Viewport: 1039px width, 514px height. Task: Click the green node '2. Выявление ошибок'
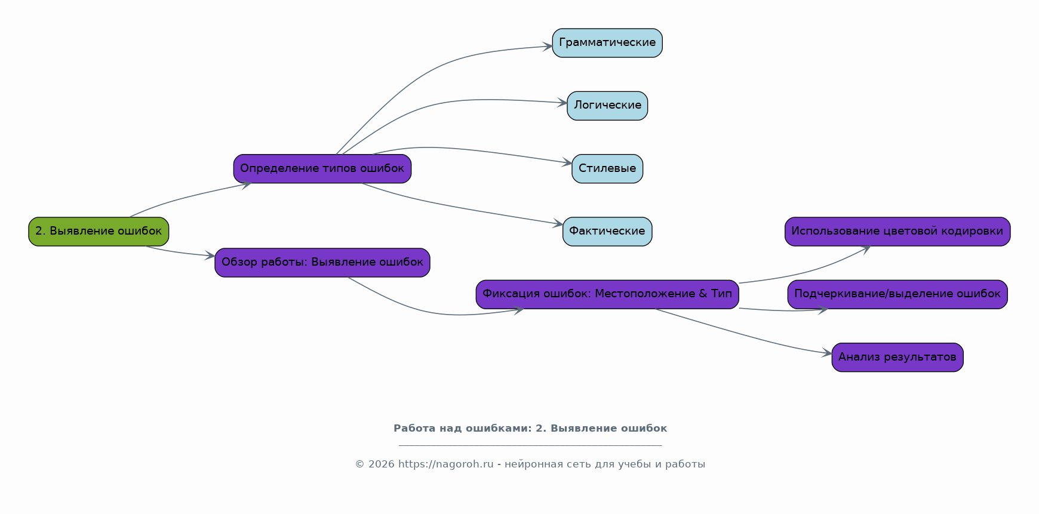click(x=99, y=232)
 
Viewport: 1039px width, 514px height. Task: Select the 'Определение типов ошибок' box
click(x=322, y=169)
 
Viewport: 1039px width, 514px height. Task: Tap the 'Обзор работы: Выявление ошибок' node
click(x=322, y=263)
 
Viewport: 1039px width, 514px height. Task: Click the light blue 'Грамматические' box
click(x=607, y=43)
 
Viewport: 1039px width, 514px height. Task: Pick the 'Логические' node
click(x=607, y=106)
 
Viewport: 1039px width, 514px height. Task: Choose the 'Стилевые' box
click(x=607, y=169)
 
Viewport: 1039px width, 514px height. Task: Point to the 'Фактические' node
click(x=607, y=232)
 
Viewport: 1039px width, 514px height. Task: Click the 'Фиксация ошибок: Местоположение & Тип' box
click(x=607, y=294)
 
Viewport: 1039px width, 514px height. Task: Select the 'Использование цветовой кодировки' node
click(x=897, y=232)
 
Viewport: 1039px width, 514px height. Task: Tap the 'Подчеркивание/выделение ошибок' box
click(x=897, y=294)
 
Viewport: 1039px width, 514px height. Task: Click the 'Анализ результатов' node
click(x=897, y=357)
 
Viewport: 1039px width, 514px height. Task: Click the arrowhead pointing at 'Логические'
click(x=562, y=103)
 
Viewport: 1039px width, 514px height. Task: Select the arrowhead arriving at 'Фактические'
click(x=558, y=224)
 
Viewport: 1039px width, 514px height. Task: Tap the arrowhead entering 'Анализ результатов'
click(x=826, y=353)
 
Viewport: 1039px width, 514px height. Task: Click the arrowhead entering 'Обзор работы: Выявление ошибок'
click(x=210, y=256)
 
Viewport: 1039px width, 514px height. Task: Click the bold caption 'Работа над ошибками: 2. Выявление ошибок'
click(x=530, y=428)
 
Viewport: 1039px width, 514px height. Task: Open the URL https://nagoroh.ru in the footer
click(x=446, y=464)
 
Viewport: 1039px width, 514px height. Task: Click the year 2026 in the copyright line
click(x=381, y=464)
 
